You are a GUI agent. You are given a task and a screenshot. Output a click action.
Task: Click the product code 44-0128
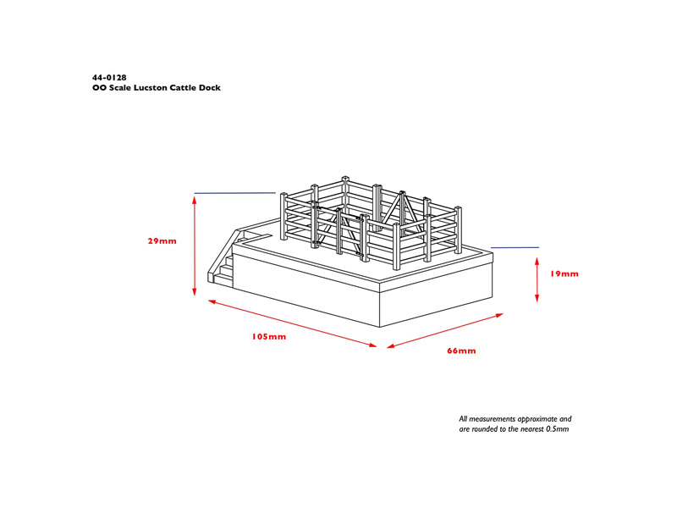(x=109, y=78)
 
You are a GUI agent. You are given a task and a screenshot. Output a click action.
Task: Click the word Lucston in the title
(x=151, y=88)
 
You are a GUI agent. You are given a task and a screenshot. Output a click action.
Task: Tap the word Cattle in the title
(x=183, y=88)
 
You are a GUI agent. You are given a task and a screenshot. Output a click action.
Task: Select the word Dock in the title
(x=209, y=88)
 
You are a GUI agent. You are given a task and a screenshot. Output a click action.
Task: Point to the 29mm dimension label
(x=162, y=241)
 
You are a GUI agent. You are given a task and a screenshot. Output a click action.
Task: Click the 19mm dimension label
(x=564, y=273)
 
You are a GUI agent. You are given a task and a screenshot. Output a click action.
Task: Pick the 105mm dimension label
(x=269, y=336)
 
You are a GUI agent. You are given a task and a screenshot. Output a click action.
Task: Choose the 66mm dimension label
(x=461, y=351)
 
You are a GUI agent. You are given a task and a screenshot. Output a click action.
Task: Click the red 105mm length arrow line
(x=293, y=323)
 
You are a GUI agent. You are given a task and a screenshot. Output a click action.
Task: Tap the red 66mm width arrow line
(x=445, y=330)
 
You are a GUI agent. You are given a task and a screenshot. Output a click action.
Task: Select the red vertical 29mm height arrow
(x=195, y=246)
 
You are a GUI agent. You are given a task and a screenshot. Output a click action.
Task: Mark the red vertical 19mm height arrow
(x=537, y=279)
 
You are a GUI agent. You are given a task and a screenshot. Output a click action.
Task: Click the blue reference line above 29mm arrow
(x=235, y=193)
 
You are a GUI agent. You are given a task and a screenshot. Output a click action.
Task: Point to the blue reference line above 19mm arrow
(x=515, y=247)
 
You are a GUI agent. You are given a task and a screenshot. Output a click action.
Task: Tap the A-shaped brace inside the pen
(x=401, y=212)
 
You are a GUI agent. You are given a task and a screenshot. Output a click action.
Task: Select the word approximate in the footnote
(x=537, y=419)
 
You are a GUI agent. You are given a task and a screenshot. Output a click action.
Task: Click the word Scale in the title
(x=120, y=88)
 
